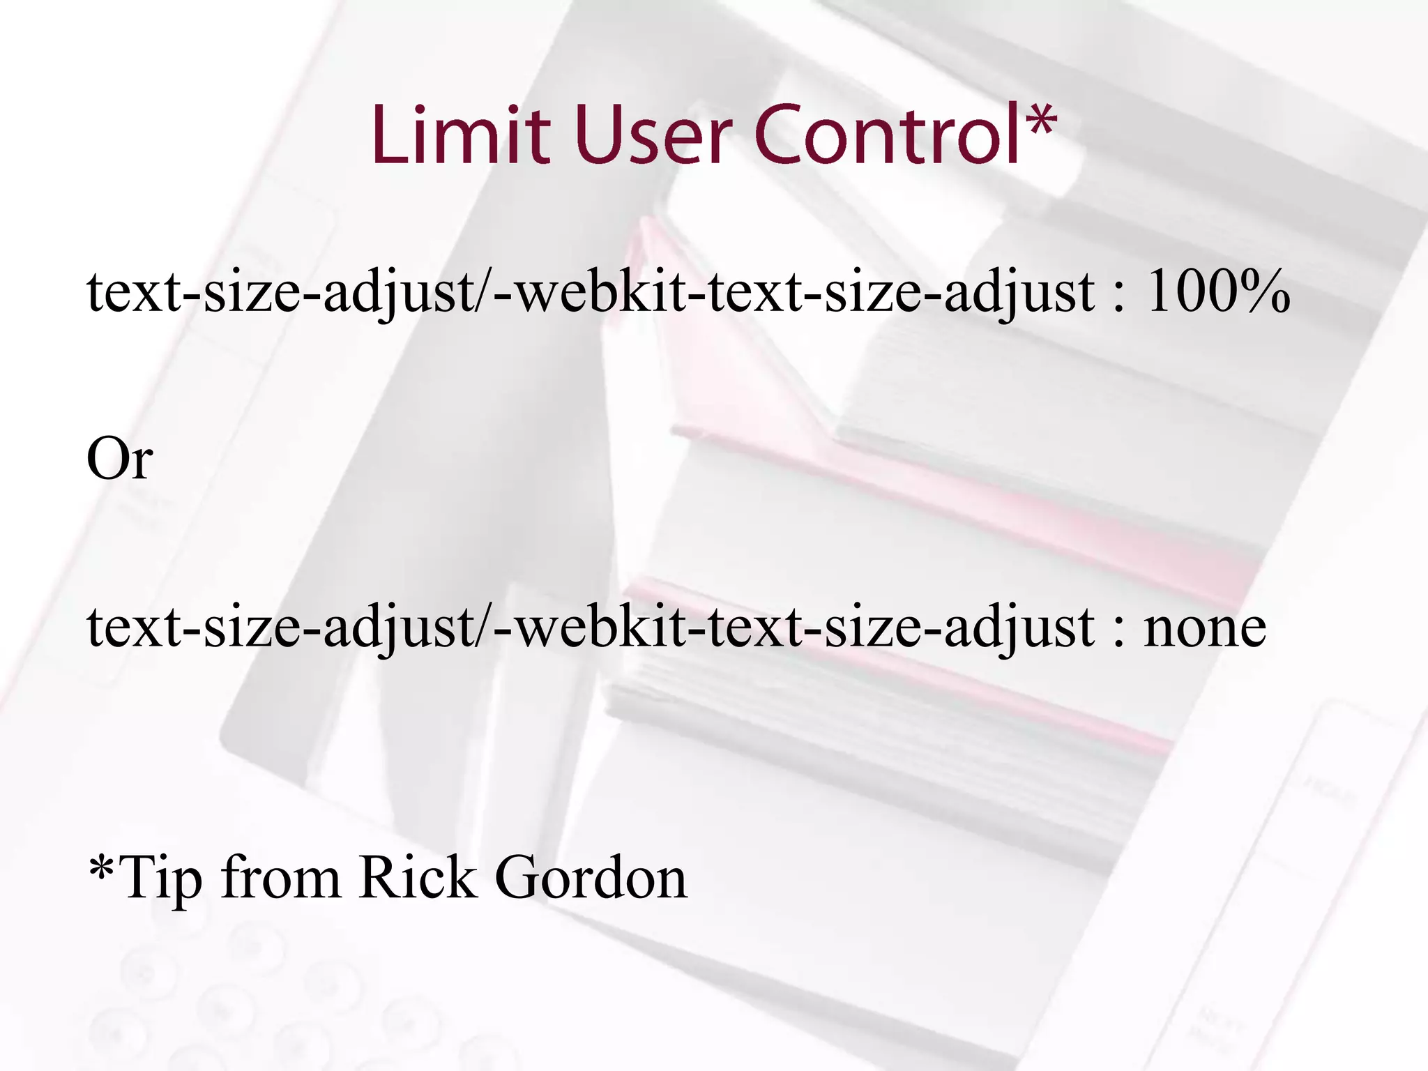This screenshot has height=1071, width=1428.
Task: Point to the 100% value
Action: coord(1217,291)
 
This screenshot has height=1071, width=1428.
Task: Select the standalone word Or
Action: coord(119,459)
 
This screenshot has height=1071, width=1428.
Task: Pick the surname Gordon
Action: coord(591,877)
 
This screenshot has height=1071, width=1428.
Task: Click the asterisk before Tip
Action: coord(102,868)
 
